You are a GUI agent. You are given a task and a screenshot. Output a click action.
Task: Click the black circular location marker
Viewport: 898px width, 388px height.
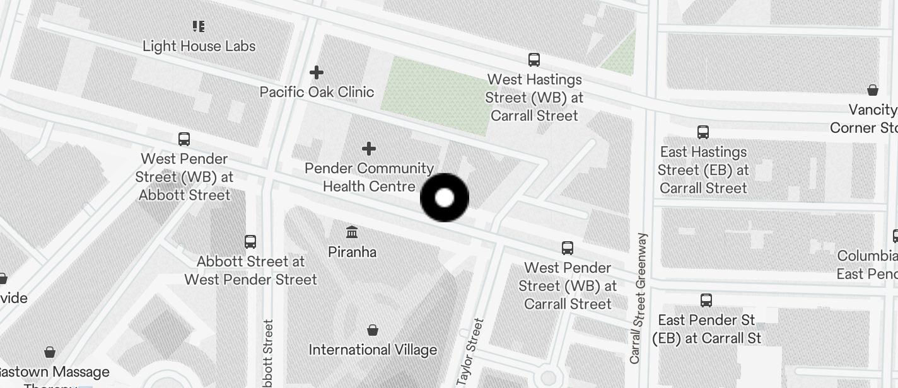point(445,198)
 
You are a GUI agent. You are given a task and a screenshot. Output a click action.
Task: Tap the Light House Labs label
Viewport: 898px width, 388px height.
point(199,46)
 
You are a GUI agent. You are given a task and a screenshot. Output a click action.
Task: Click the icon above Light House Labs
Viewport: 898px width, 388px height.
point(199,26)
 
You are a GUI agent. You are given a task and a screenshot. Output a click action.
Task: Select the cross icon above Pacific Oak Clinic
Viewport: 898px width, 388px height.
point(317,73)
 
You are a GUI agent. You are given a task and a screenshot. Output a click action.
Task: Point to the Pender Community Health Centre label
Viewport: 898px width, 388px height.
point(369,177)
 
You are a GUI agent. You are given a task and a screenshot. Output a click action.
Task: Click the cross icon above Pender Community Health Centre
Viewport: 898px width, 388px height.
point(369,149)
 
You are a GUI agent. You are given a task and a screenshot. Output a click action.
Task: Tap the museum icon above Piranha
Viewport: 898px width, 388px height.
point(352,232)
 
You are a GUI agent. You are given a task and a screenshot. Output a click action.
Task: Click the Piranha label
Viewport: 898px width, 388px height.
point(352,252)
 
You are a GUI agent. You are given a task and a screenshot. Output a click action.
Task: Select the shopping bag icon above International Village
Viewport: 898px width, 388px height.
point(373,330)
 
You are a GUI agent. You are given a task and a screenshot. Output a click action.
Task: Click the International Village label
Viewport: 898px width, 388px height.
point(373,349)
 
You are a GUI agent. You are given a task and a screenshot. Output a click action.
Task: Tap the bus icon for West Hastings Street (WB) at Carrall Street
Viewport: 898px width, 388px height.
point(534,60)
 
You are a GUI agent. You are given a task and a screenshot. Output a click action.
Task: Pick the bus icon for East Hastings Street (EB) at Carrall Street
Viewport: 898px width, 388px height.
point(703,132)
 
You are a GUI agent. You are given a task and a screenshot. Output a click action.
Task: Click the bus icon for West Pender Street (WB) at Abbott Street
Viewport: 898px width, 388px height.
point(184,139)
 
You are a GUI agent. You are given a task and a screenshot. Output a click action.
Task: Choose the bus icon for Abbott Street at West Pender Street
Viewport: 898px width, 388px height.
point(250,241)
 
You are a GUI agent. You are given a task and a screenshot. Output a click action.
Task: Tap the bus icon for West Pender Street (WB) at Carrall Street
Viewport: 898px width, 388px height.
point(568,248)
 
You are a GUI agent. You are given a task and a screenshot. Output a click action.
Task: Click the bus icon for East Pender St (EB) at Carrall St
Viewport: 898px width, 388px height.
point(706,300)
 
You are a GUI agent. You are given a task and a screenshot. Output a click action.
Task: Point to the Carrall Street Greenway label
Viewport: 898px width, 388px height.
point(639,298)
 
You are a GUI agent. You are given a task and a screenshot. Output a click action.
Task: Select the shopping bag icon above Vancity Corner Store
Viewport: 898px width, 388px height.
point(873,91)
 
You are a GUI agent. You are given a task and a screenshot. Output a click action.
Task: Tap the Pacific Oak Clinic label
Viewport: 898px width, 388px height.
point(317,92)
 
